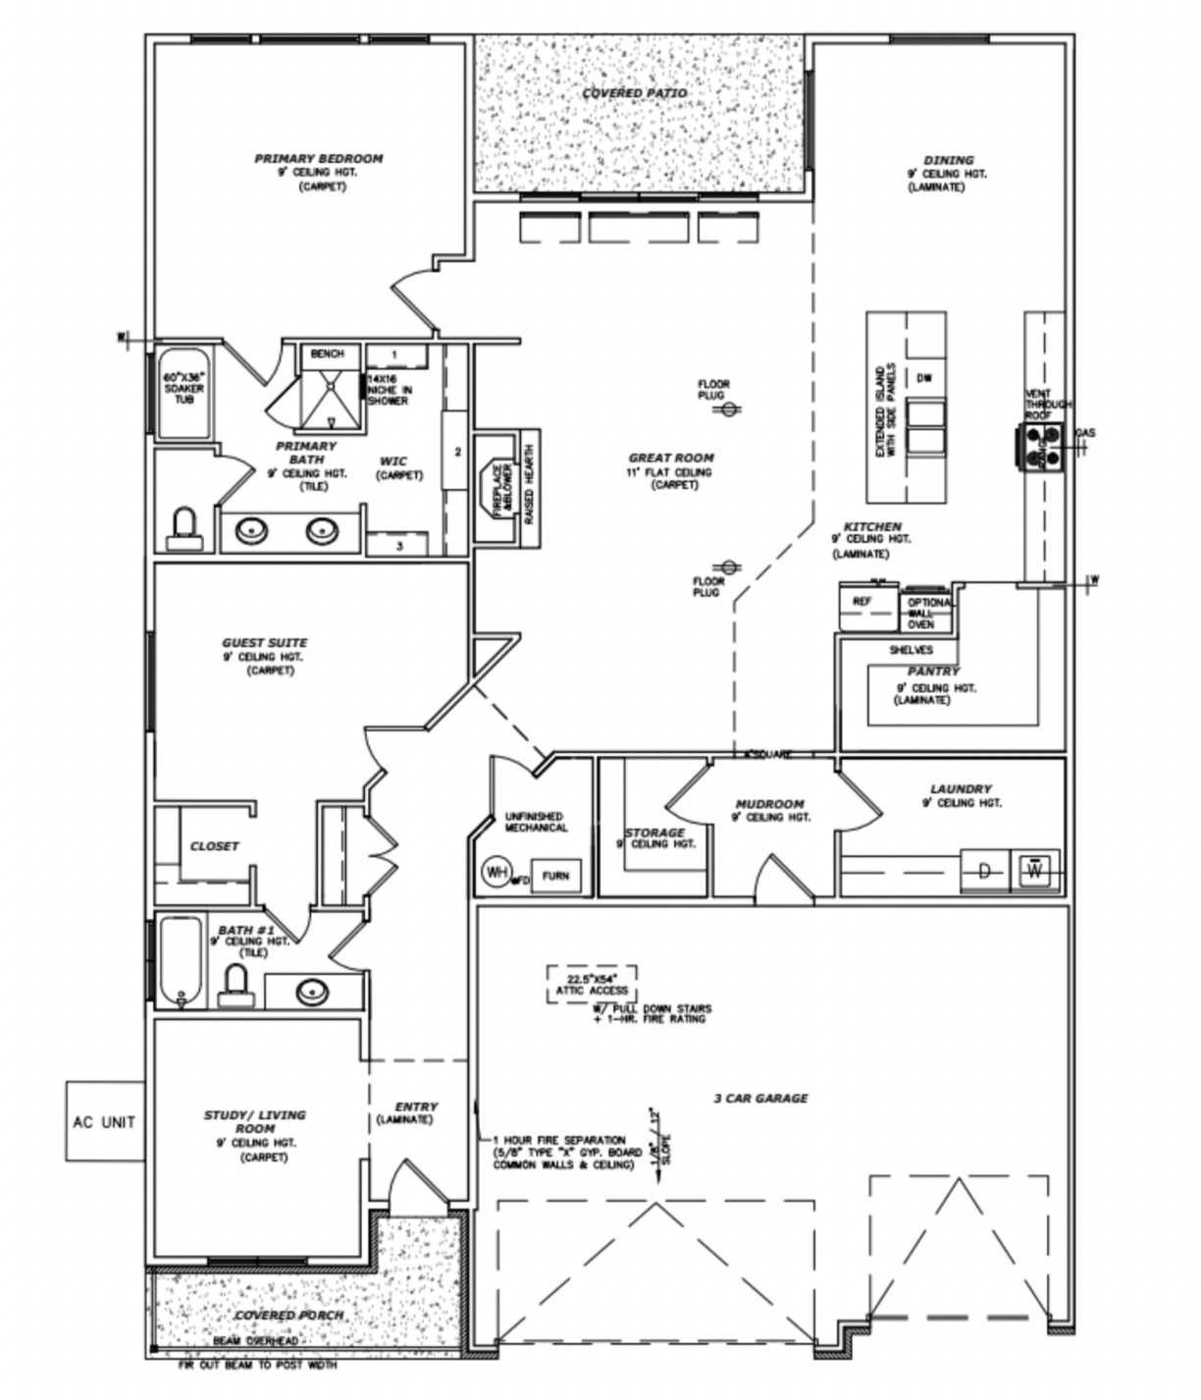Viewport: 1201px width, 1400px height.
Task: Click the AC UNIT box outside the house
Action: [x=104, y=1121]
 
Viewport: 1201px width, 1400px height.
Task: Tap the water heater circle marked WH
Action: [x=496, y=872]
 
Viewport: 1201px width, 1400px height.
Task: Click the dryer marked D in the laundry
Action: [x=984, y=871]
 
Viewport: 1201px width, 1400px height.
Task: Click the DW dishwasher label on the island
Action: [x=923, y=378]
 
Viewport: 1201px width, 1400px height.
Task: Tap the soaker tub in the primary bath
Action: [x=183, y=395]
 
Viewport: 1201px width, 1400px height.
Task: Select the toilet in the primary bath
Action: [x=183, y=528]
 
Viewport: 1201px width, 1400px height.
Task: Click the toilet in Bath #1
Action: [x=235, y=986]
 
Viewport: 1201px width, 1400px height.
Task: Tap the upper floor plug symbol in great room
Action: [x=729, y=409]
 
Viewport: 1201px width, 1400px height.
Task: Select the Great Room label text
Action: [x=671, y=458]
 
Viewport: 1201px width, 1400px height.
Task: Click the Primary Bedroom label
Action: [x=318, y=158]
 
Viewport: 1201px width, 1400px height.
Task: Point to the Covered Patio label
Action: [x=635, y=93]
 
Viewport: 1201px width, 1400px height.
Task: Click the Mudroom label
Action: [x=769, y=804]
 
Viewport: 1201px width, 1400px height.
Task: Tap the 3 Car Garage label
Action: [x=760, y=1098]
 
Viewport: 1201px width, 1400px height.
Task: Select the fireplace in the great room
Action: [x=496, y=488]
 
